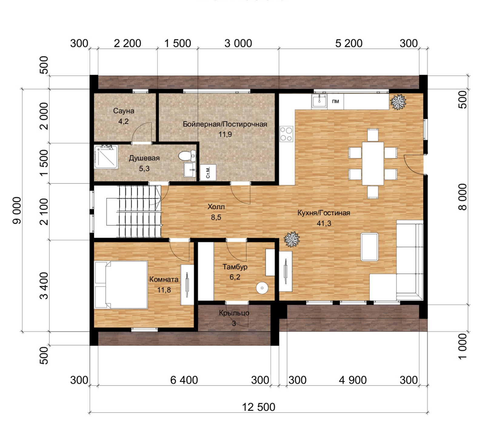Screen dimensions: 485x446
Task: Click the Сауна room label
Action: (x=124, y=111)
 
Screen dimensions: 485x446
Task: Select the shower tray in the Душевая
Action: (x=106, y=157)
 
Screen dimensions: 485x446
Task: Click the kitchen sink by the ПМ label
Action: (x=319, y=101)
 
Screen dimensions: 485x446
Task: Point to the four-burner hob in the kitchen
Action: (x=286, y=134)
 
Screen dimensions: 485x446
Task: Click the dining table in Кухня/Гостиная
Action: (x=373, y=164)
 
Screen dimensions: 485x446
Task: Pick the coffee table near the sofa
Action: (x=370, y=247)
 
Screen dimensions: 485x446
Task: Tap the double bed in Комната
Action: (x=121, y=285)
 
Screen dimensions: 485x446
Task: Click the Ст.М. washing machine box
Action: (x=208, y=173)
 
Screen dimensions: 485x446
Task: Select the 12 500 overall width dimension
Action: (x=259, y=407)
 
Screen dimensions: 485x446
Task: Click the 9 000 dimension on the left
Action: (x=17, y=210)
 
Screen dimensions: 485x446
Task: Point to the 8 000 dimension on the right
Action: (x=463, y=197)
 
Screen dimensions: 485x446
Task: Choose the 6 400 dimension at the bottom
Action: (x=184, y=380)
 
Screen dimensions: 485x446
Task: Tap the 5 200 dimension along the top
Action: (x=349, y=43)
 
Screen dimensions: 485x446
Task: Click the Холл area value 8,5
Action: (x=216, y=217)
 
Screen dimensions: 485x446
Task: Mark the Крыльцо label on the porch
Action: (x=234, y=313)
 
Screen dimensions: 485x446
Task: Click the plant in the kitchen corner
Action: (x=398, y=102)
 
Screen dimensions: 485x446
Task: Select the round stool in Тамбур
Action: (x=262, y=288)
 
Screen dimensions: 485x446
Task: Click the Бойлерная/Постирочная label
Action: (x=225, y=124)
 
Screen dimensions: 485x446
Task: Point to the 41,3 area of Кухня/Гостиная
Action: (x=324, y=223)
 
